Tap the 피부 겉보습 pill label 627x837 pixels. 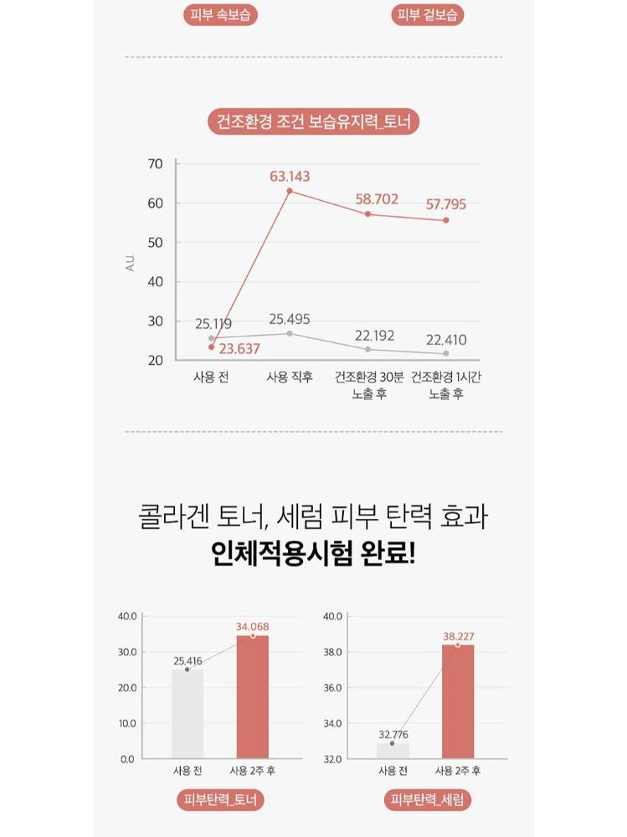(x=428, y=15)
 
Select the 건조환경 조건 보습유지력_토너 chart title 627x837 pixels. (x=313, y=122)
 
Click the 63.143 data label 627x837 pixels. (x=290, y=177)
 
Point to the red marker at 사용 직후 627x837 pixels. (x=290, y=191)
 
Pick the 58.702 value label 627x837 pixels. (x=376, y=199)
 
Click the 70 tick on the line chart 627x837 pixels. (x=156, y=164)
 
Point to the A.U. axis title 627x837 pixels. (x=131, y=262)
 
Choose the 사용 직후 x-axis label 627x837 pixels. (x=290, y=377)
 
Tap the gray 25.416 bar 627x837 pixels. (x=188, y=714)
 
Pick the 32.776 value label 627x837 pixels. (x=392, y=734)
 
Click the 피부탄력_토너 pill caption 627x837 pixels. (x=221, y=800)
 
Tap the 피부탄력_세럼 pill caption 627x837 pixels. (x=428, y=800)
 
